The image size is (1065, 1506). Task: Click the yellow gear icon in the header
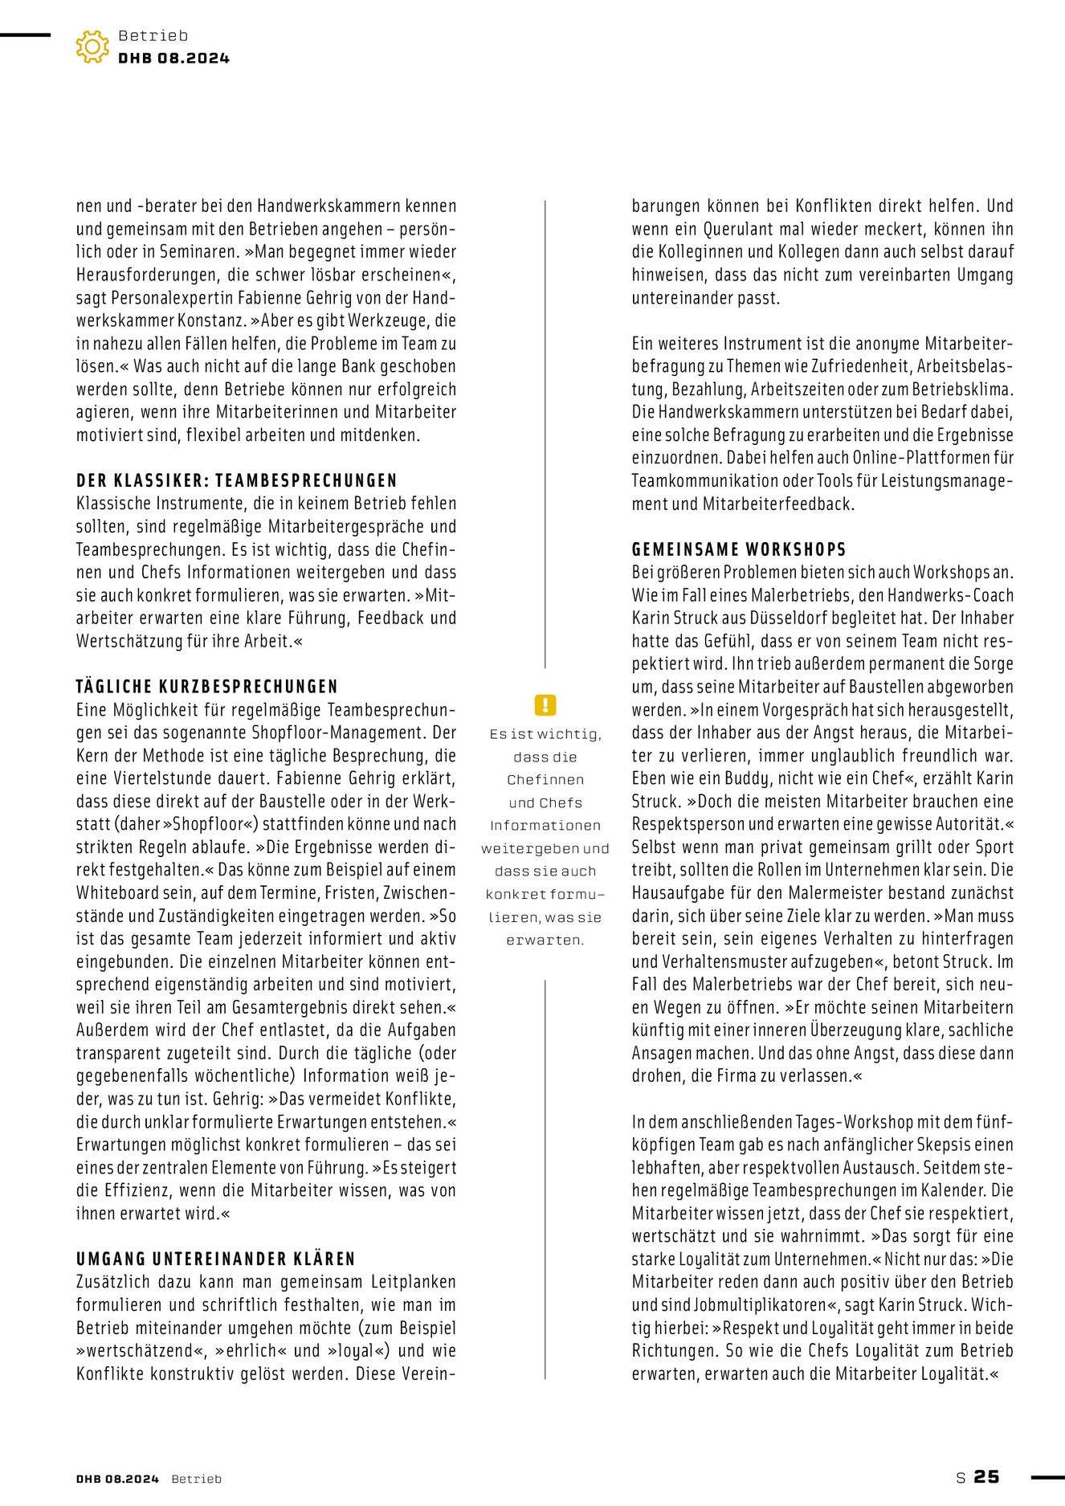(92, 47)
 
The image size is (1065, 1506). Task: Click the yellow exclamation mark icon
(545, 705)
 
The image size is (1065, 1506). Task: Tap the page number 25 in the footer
(986, 1476)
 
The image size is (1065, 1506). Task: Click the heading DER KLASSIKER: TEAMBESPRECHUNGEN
(236, 480)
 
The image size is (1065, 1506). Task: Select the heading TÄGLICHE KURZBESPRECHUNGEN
(206, 687)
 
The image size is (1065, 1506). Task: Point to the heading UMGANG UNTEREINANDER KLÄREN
(215, 1259)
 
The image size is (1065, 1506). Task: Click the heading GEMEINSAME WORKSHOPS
(739, 549)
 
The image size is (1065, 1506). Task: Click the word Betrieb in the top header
(153, 35)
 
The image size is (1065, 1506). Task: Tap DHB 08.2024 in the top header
(173, 58)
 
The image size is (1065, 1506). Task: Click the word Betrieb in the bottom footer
(196, 1479)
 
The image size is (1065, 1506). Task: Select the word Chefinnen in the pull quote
(545, 780)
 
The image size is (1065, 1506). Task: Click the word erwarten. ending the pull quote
(545, 940)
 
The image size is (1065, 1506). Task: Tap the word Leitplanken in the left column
(413, 1282)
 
